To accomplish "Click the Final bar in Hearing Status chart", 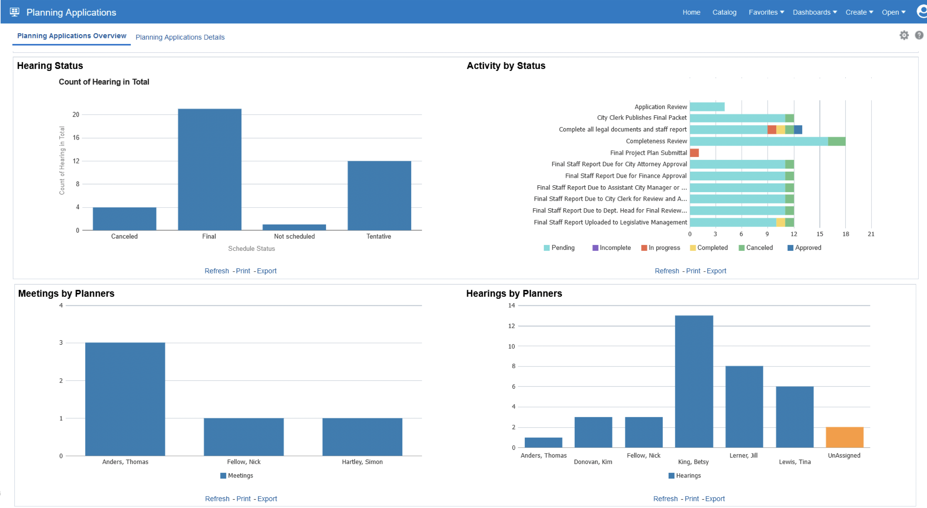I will [209, 169].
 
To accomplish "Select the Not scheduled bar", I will [294, 227].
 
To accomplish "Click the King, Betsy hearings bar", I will [693, 381].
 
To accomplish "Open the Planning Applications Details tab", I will [180, 37].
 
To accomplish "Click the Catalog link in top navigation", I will [724, 12].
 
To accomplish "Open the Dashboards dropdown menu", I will [814, 12].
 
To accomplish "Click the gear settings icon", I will [904, 35].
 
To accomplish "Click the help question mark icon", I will [919, 35].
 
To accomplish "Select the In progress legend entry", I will [660, 247].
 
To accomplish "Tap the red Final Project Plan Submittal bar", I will [694, 153].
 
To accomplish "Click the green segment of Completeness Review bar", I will [836, 141].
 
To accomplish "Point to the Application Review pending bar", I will [707, 107].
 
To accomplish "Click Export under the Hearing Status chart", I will [267, 271].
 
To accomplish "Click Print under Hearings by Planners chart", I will [691, 499].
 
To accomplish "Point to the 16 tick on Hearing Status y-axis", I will [76, 137].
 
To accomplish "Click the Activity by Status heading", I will [505, 66].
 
